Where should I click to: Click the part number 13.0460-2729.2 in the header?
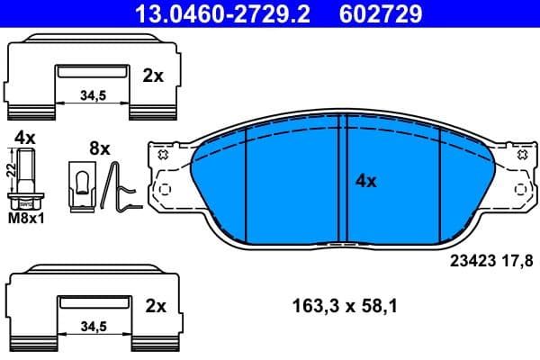click(215, 13)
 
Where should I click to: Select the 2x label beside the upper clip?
click(153, 76)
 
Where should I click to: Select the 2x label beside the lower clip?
click(156, 306)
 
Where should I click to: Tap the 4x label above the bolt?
click(24, 138)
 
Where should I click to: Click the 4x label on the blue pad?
click(365, 181)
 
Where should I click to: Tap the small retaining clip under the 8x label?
click(81, 184)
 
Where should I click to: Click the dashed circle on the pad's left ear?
click(162, 191)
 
